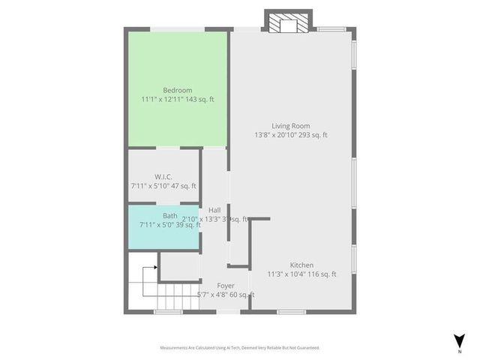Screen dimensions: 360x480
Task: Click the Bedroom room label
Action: coord(177,90)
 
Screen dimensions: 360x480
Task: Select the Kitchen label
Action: coord(302,265)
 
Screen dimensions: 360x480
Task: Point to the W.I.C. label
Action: coord(163,176)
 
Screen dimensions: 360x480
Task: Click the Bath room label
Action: coord(169,215)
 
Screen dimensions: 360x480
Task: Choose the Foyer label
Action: coord(225,286)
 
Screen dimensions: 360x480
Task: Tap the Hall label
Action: coord(214,210)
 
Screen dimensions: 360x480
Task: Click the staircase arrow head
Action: coord(155,266)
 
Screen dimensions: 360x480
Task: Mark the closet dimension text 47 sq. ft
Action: coord(184,186)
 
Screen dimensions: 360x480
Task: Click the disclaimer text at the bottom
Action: coord(239,348)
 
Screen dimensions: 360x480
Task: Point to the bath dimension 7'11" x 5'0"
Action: coord(156,224)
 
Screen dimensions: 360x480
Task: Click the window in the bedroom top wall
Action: coord(178,29)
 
